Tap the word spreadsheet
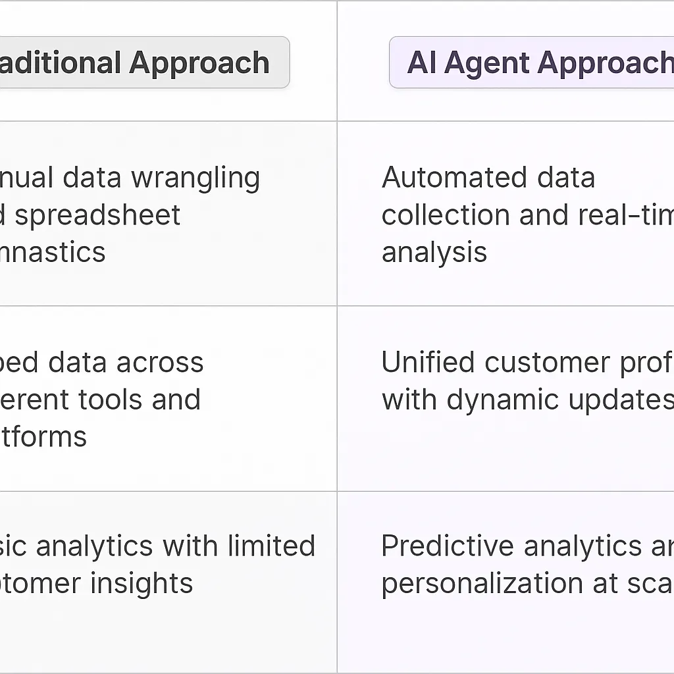(x=97, y=215)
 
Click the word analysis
(x=434, y=252)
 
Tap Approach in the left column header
(x=199, y=63)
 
